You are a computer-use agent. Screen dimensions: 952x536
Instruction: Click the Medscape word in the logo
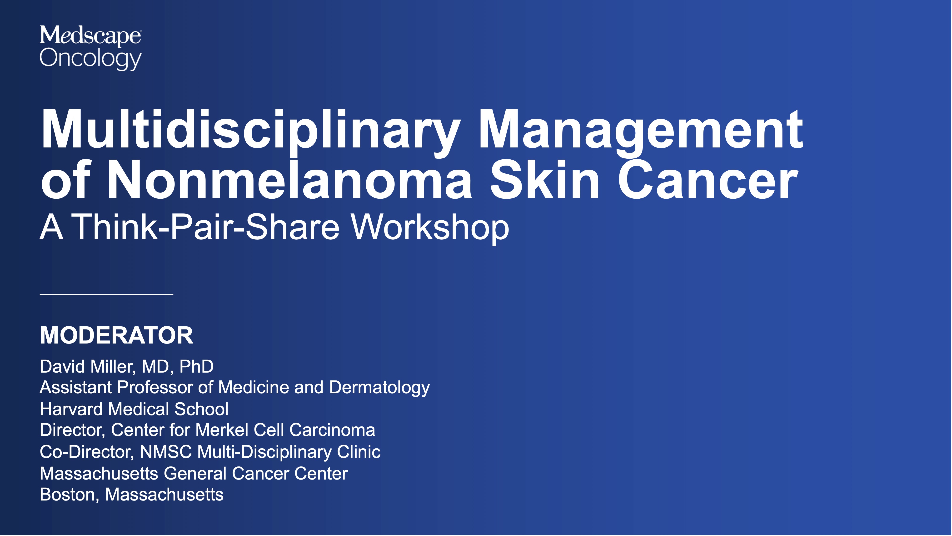pos(90,36)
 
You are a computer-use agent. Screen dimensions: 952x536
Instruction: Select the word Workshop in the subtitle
pos(430,227)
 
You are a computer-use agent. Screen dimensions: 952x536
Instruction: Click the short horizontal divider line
pos(106,294)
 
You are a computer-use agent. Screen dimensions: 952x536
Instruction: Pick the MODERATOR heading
pos(116,335)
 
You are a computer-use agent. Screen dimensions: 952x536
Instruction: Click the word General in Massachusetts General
pos(195,474)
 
